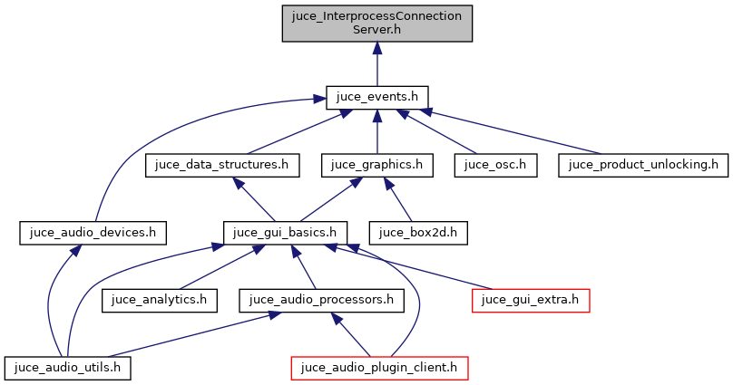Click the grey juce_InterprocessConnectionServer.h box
pyautogui.click(x=376, y=24)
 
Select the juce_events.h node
pyautogui.click(x=376, y=97)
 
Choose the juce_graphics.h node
pyautogui.click(x=376, y=165)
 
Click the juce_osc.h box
pyautogui.click(x=496, y=165)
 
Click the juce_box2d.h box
pyautogui.click(x=417, y=232)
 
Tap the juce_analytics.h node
pyautogui.click(x=160, y=299)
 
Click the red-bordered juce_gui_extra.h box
pyautogui.click(x=531, y=299)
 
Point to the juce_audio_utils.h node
pyautogui.click(x=68, y=367)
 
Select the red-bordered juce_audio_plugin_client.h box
pyautogui.click(x=379, y=367)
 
